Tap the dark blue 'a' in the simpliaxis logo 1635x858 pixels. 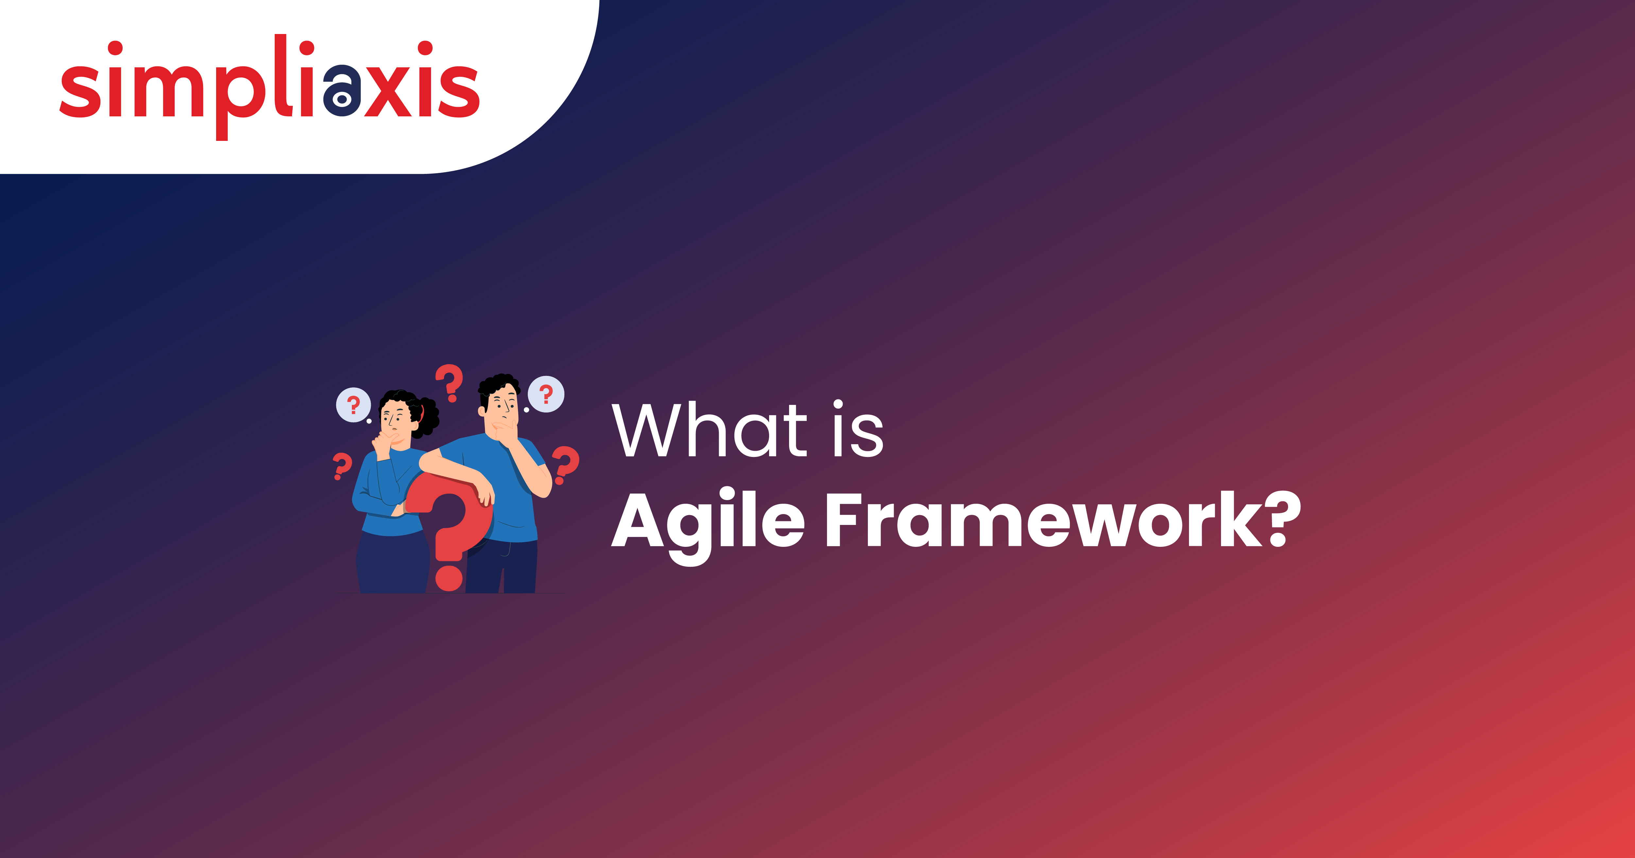pos(341,91)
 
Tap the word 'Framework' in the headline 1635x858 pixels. pos(1041,520)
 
